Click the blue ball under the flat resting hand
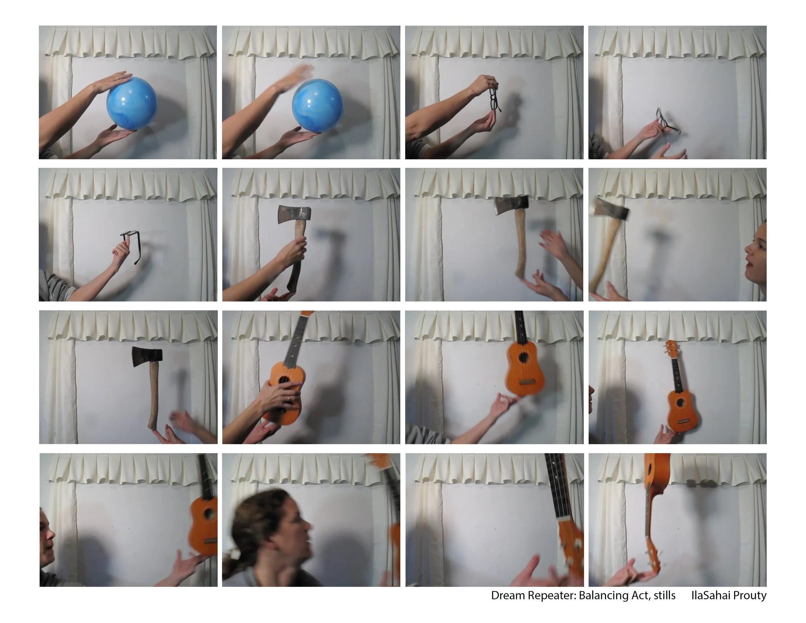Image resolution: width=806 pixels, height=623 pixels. click(132, 103)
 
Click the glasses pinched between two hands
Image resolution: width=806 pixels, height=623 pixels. click(495, 98)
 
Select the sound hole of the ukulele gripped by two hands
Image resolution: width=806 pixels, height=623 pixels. click(283, 380)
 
